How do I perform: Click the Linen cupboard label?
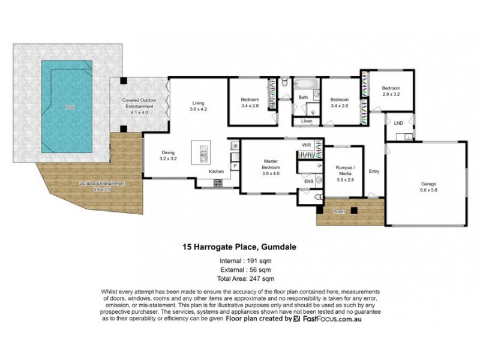coord(305,122)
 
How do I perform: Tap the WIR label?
coord(306,145)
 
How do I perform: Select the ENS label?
coord(308,180)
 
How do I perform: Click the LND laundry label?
coord(398,123)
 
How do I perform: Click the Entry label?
coord(374,170)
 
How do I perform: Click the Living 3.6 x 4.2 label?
coord(199,106)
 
